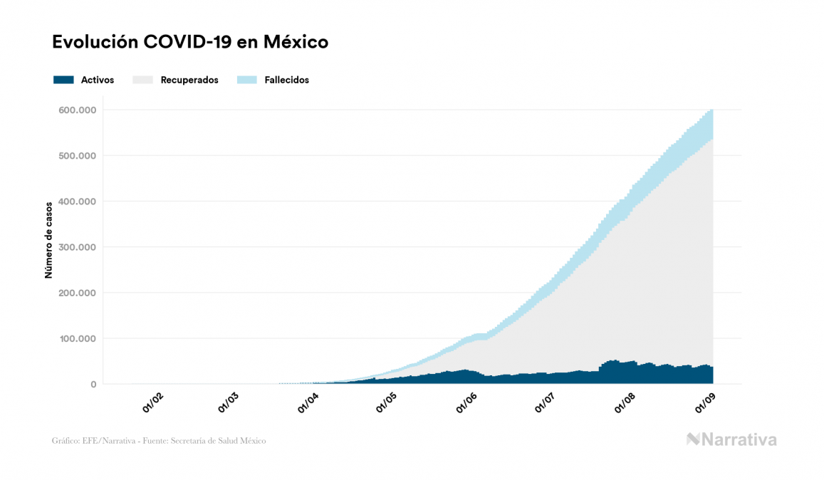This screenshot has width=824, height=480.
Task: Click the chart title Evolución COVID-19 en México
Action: click(x=190, y=42)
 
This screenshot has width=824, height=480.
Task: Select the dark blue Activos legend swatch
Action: click(x=63, y=80)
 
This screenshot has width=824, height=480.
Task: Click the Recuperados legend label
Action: click(x=189, y=80)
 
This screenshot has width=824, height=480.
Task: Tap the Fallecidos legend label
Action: click(x=286, y=80)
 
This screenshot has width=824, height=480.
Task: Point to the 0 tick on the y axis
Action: click(x=92, y=385)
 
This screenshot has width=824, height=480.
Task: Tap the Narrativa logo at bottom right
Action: click(x=731, y=439)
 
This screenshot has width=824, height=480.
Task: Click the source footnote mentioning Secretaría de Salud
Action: click(x=159, y=441)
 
